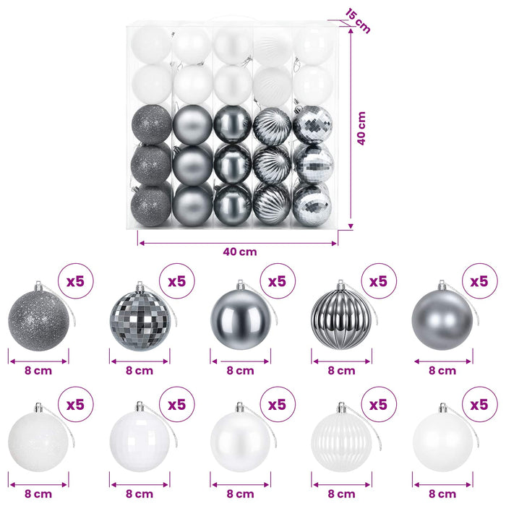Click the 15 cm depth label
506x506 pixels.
click(358, 21)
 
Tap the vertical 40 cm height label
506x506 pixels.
click(361, 129)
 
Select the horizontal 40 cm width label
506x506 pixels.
click(240, 252)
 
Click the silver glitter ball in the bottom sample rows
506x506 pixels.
click(39, 320)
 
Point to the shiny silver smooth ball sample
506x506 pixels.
click(241, 320)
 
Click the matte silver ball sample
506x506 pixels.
click(442, 320)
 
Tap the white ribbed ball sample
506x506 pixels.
click(341, 442)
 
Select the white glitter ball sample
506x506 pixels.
click(39, 442)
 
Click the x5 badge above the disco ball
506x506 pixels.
click(177, 281)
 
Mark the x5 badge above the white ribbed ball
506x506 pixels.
click(379, 404)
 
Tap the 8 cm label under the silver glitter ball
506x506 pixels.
click(38, 370)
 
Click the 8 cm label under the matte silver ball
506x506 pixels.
click(442, 370)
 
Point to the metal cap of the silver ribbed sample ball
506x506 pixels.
click(340, 285)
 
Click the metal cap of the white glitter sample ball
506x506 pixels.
click(39, 408)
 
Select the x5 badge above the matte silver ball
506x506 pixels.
click(479, 281)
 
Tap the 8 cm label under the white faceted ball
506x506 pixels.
click(140, 494)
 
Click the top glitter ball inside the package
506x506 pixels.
click(151, 124)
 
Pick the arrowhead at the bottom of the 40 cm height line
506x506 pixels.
click(351, 226)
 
